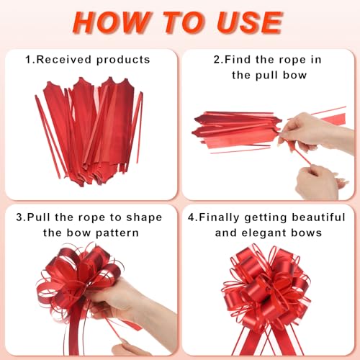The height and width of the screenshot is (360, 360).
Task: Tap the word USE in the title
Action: pyautogui.click(x=250, y=22)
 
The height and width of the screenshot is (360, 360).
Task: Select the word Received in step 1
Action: pyautogui.click(x=64, y=60)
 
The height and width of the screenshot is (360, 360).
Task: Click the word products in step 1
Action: pyautogui.click(x=123, y=60)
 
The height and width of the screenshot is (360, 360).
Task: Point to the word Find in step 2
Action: pyautogui.click(x=238, y=60)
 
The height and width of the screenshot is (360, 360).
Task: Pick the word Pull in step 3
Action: pyautogui.click(x=39, y=217)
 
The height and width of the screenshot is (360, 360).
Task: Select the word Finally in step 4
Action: pyautogui.click(x=219, y=217)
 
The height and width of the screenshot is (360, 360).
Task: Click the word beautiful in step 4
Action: pyautogui.click(x=318, y=217)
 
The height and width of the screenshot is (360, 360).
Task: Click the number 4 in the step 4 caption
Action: pyautogui.click(x=191, y=217)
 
